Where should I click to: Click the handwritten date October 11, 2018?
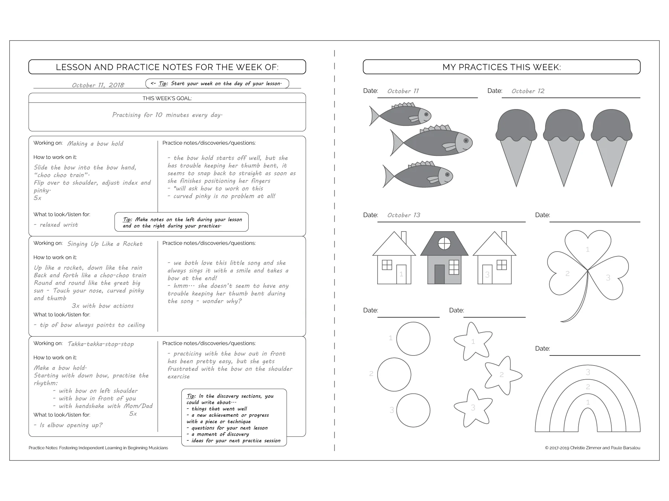tap(98, 85)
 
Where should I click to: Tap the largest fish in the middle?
tap(433, 143)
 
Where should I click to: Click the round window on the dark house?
tap(444, 243)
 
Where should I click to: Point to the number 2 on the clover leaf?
tap(568, 274)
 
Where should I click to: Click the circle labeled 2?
tap(394, 374)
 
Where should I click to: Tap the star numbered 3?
tap(472, 407)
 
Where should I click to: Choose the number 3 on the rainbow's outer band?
tap(588, 372)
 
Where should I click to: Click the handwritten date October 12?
tap(528, 91)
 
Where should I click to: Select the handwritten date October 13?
tap(404, 215)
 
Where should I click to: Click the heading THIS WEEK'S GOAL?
tap(167, 98)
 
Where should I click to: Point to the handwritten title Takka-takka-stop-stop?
tap(101, 344)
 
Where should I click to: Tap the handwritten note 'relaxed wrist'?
tap(56, 225)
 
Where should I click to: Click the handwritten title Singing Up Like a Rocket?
tap(105, 244)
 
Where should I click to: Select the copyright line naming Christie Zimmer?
tap(592, 448)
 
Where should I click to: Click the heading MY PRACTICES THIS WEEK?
tap(501, 67)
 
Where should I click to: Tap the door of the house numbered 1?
tap(401, 274)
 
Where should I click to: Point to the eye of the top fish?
tap(426, 115)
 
